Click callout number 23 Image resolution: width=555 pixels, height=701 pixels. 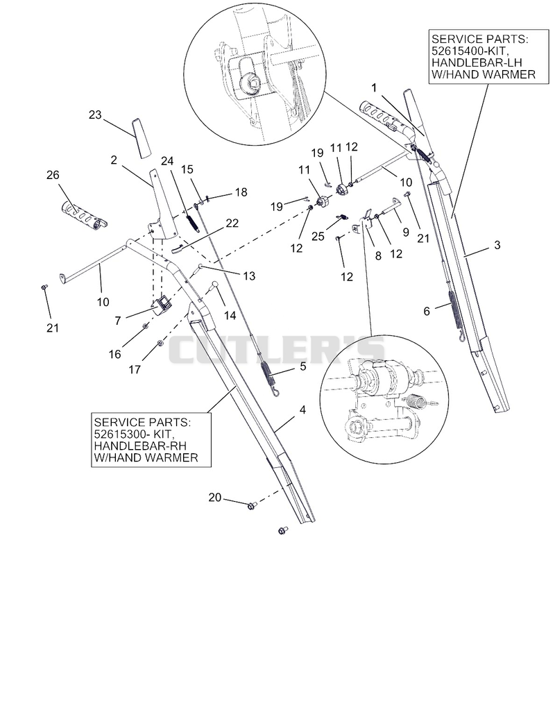95,115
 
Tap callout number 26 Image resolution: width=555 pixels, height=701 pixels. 53,175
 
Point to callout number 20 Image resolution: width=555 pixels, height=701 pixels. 215,497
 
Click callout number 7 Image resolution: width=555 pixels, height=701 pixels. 118,321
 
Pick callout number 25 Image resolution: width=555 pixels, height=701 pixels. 318,235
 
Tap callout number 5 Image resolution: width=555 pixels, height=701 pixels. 303,366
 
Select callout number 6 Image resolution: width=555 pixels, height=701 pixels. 427,311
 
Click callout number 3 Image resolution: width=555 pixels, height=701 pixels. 497,245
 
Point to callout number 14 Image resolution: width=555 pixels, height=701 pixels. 230,316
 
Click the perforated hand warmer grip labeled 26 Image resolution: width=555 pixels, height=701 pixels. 84,215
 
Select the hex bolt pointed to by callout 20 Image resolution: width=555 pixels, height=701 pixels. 253,506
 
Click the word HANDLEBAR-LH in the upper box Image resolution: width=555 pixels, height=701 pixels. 477,62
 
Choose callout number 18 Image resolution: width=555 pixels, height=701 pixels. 241,192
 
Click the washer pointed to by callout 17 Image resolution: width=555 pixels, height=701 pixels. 160,343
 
